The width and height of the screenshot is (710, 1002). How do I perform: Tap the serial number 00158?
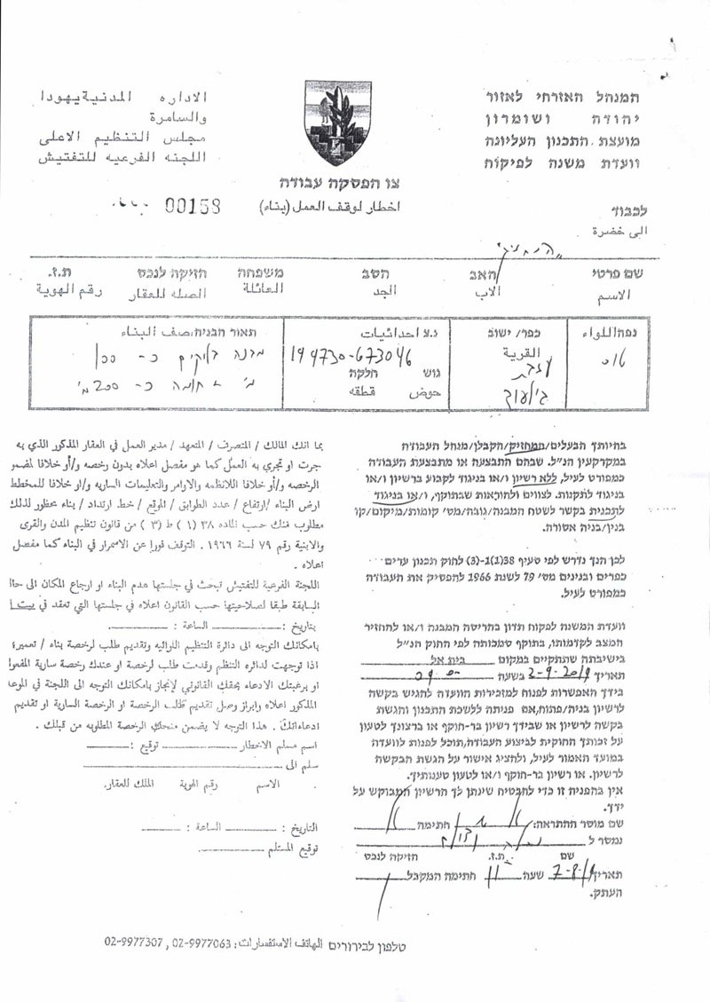[193, 206]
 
